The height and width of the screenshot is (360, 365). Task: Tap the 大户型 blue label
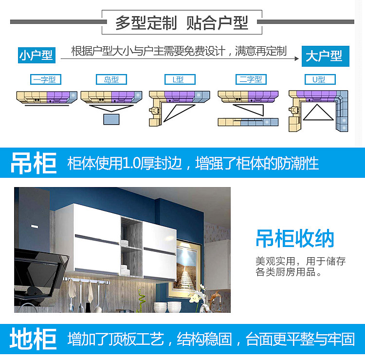click(324, 56)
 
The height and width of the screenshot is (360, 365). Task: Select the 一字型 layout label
click(45, 79)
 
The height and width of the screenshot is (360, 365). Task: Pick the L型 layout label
click(180, 79)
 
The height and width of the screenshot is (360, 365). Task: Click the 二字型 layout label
click(251, 79)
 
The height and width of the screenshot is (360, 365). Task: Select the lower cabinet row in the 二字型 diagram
click(248, 122)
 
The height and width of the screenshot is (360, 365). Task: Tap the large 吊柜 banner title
click(34, 163)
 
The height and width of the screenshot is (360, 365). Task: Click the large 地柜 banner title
click(34, 339)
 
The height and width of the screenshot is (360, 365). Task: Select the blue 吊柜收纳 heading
click(295, 239)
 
